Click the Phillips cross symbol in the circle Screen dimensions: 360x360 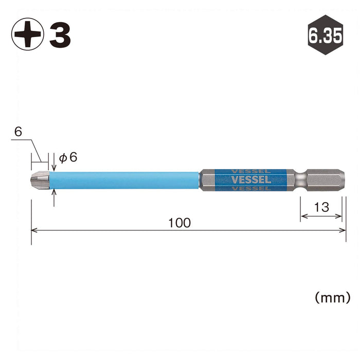tap(28, 34)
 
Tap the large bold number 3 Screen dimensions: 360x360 tap(60, 35)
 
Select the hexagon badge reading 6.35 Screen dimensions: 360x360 tap(326, 35)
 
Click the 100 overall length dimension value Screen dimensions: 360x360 tap(179, 223)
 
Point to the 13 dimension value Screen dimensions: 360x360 tap(321, 207)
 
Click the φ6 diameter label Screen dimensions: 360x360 tap(68, 157)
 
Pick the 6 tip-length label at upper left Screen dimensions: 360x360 tap(18, 132)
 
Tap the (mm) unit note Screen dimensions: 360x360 tap(333, 298)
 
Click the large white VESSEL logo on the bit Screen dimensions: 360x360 tap(251, 180)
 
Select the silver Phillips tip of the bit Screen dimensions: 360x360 tap(40, 180)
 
